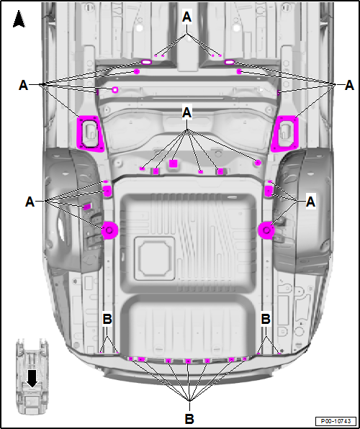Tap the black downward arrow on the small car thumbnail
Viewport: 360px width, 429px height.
(32, 376)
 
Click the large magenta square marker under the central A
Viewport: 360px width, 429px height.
(173, 164)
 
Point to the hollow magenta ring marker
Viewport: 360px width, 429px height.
(114, 90)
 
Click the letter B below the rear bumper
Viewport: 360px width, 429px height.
(189, 417)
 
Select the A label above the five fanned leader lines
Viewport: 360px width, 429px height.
(188, 113)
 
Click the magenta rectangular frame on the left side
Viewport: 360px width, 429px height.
(90, 132)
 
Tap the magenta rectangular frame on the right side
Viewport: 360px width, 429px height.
(285, 132)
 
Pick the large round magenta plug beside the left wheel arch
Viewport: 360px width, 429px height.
(110, 230)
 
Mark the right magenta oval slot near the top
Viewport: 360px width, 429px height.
(230, 63)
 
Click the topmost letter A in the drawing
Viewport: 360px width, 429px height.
(188, 16)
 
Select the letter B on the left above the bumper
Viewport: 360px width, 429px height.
(106, 318)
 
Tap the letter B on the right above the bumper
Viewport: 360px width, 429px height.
(266, 318)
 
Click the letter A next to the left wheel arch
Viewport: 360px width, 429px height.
(30, 202)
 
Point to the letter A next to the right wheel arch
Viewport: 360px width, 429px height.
(311, 203)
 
